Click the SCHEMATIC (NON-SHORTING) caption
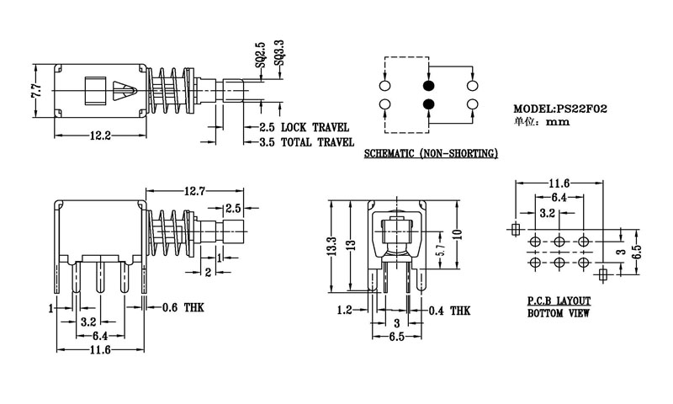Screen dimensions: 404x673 [x=431, y=155]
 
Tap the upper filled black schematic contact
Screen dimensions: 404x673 [x=428, y=87]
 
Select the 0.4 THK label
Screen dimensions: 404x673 [x=448, y=311]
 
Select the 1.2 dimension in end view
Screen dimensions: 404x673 [x=344, y=311]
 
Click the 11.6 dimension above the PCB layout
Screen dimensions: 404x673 [x=559, y=183]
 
